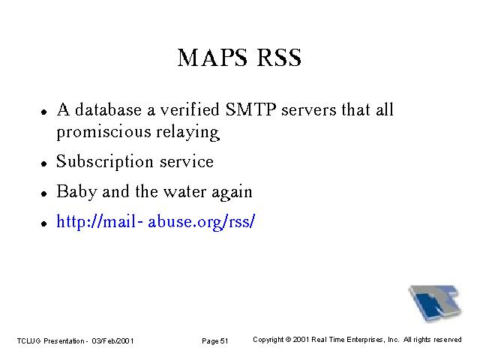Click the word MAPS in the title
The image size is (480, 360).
point(212,58)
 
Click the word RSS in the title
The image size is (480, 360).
point(279,58)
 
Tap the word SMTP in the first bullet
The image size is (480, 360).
point(251,109)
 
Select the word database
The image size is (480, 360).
point(108,109)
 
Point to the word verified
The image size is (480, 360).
point(190,109)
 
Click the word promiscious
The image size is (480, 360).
point(103,133)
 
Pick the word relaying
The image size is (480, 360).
point(188,133)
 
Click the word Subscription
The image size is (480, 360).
point(105,162)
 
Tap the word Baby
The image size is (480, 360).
point(76,192)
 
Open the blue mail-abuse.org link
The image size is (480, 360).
point(155,221)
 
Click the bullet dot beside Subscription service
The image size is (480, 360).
point(44,163)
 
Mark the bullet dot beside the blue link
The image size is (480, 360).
point(44,223)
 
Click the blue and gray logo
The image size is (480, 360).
point(435,303)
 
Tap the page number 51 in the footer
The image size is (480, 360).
point(224,341)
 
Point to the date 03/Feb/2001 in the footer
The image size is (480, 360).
point(112,340)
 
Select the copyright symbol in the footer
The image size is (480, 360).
point(288,340)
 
